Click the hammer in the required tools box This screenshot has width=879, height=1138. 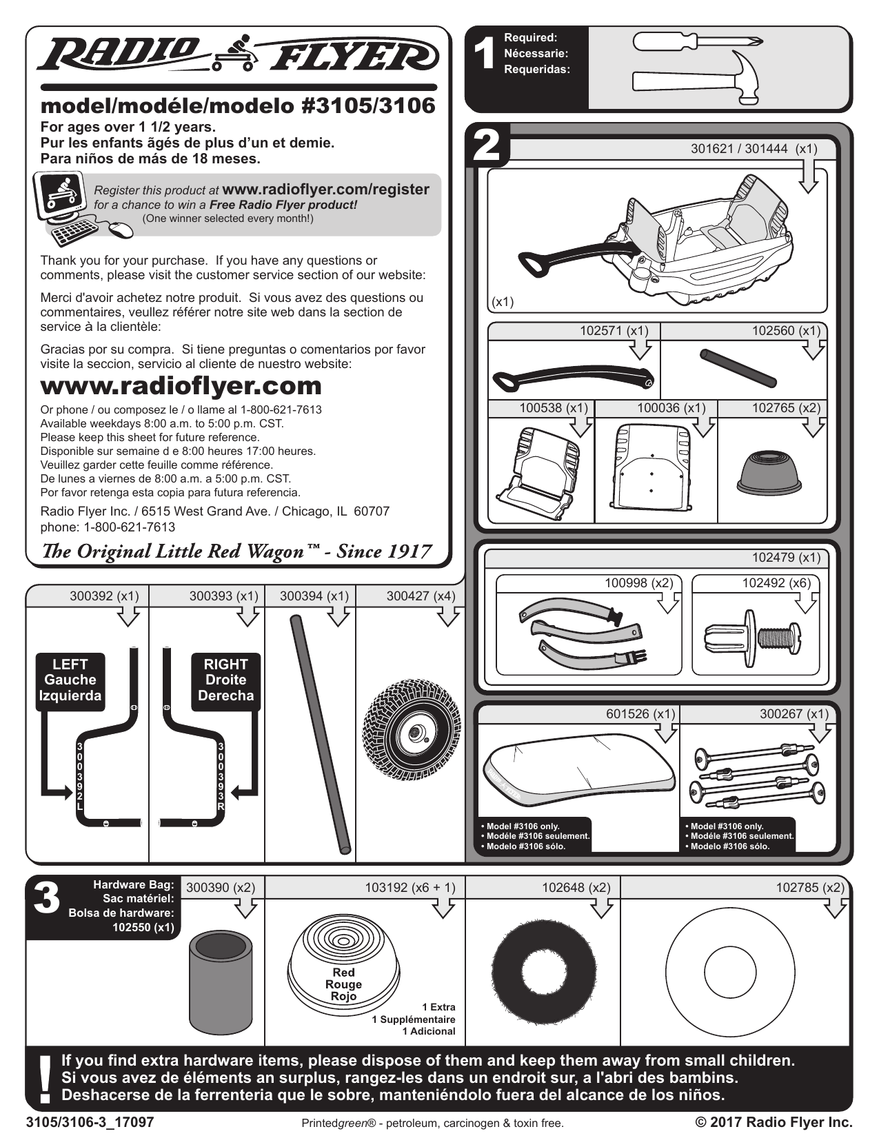coord(696,79)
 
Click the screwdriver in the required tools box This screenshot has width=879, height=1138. coord(696,42)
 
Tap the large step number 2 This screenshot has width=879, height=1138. coord(487,145)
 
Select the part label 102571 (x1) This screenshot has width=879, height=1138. coord(614,331)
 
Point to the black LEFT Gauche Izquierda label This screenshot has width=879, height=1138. coord(70,680)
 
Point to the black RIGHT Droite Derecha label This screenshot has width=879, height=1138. coord(225,680)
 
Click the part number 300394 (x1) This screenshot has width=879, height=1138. coord(314,596)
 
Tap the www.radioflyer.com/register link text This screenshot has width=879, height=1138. coord(326,190)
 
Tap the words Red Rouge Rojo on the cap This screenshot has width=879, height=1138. coord(343,984)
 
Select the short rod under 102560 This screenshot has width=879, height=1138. coord(738,368)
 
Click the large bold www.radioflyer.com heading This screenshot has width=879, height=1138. coord(181,385)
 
